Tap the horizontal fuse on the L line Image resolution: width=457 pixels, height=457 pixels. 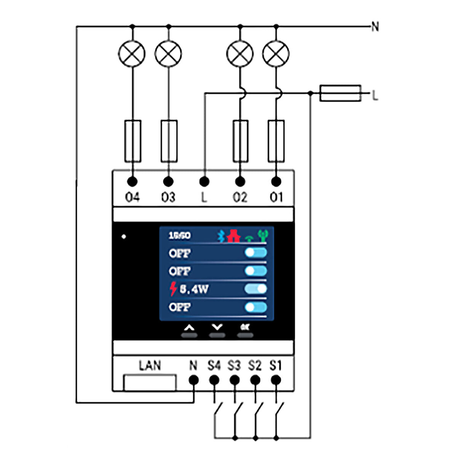point(340,93)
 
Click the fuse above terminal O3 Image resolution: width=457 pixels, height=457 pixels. point(169,141)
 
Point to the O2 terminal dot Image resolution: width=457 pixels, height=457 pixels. point(240,181)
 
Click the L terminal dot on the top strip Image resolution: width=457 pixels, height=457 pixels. point(205,181)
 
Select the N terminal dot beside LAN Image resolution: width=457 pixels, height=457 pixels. point(193,380)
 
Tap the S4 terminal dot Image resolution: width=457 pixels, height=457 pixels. point(214,380)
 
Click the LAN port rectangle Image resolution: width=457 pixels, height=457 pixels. point(150,382)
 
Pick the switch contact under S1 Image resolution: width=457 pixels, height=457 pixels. point(279,411)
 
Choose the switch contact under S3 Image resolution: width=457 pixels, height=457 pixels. point(238,411)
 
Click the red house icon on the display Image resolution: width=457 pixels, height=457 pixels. point(233,236)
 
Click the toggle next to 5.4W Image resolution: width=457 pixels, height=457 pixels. point(256,289)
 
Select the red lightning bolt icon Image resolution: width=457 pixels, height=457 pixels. point(173,289)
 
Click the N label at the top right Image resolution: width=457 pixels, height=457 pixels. point(375,27)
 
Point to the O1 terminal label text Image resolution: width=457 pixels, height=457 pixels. point(276,197)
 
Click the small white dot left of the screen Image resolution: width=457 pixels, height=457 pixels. point(123,236)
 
